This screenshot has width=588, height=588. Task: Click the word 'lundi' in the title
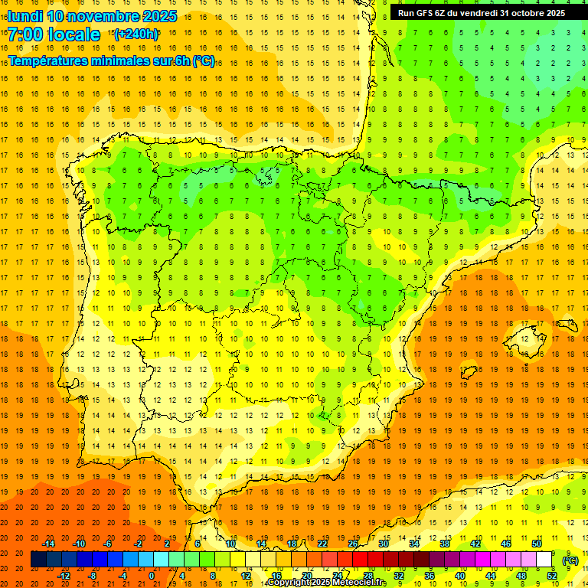click(24, 16)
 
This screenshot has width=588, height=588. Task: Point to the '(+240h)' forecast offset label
click(136, 34)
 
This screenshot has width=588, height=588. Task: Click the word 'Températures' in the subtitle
click(46, 60)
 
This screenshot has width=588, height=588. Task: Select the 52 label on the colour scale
click(552, 576)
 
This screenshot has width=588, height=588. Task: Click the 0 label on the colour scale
click(152, 576)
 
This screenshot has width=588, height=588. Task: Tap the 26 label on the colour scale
click(353, 544)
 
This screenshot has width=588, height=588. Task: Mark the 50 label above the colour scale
click(536, 544)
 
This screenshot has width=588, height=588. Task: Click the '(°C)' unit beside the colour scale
click(570, 560)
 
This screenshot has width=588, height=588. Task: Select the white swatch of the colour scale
click(544, 560)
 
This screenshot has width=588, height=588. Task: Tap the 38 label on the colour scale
click(445, 544)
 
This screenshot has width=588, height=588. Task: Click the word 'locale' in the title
click(74, 34)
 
